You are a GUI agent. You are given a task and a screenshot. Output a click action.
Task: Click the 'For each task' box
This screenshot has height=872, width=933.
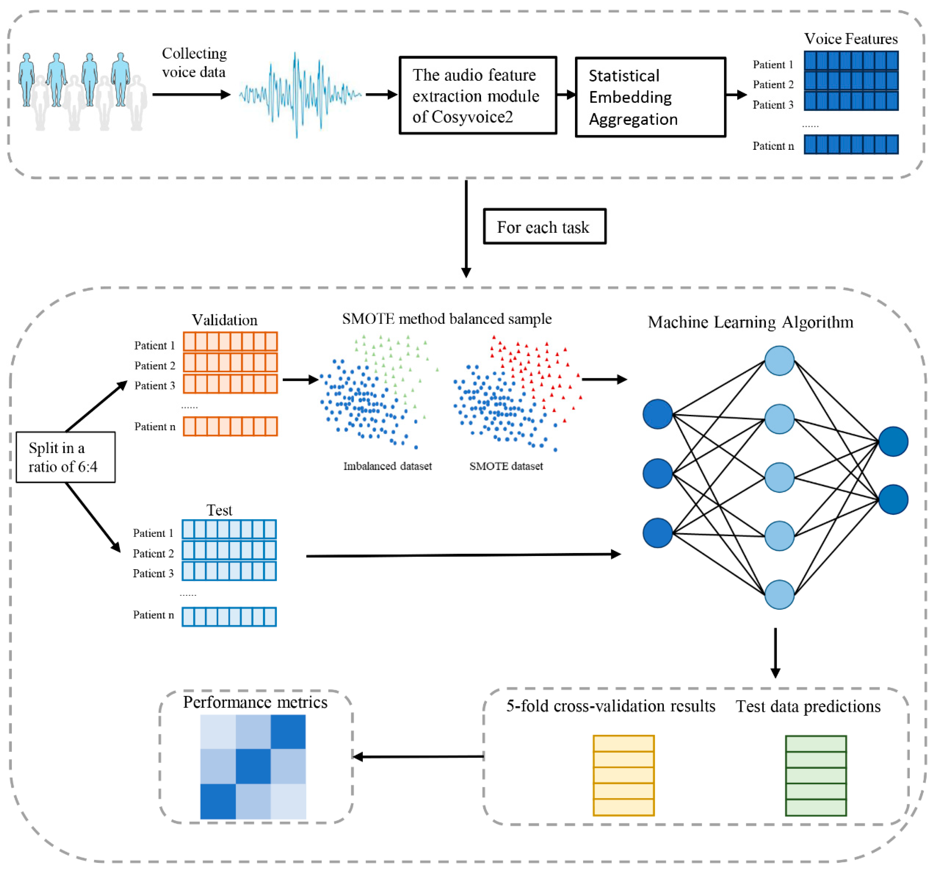(x=544, y=226)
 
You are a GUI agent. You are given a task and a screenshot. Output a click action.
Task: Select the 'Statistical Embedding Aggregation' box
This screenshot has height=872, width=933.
(x=650, y=97)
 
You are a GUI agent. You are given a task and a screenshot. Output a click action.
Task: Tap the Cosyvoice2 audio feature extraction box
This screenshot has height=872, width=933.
(x=478, y=95)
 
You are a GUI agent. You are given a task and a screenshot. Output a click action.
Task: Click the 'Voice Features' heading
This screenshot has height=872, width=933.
(x=850, y=39)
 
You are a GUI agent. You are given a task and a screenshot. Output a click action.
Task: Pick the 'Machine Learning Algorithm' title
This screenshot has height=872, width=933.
(x=750, y=322)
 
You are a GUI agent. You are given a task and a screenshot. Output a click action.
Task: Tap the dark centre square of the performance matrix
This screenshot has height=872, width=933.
(x=253, y=766)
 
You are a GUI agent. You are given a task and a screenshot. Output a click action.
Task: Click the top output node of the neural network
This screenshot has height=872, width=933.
(x=893, y=442)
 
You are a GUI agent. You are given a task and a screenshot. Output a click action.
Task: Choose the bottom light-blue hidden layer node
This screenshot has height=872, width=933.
(x=779, y=595)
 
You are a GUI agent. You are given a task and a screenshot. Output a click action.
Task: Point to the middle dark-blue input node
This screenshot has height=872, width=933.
(x=658, y=473)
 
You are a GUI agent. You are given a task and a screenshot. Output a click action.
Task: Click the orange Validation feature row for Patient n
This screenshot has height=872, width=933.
(x=230, y=426)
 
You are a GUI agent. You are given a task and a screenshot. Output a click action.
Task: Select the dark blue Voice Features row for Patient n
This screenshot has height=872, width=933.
(x=851, y=145)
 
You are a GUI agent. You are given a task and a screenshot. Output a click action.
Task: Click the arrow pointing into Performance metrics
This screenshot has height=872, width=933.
(x=418, y=756)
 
